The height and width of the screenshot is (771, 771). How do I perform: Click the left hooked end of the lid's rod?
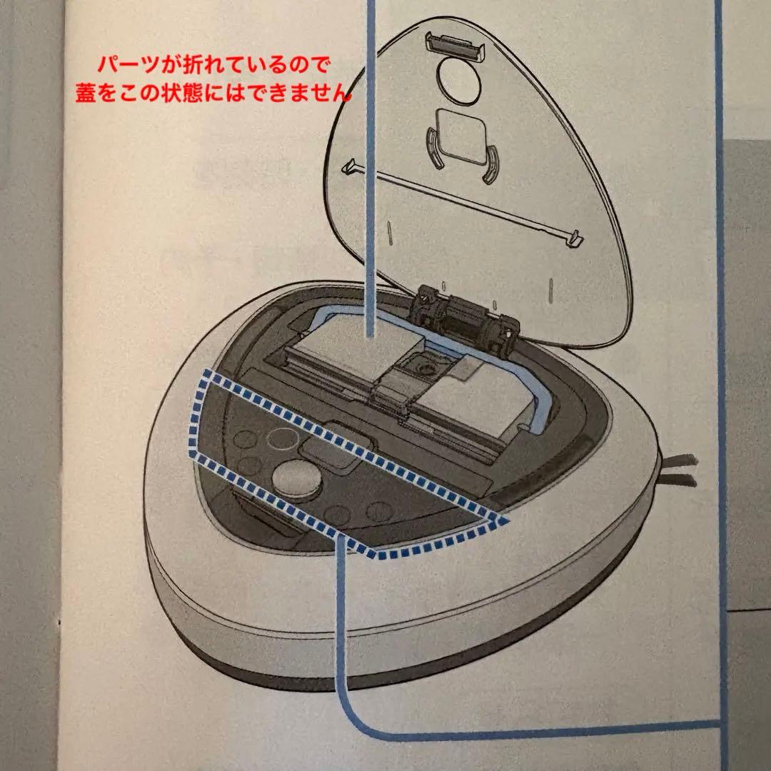350,166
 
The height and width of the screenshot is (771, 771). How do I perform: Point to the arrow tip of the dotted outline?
504,523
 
